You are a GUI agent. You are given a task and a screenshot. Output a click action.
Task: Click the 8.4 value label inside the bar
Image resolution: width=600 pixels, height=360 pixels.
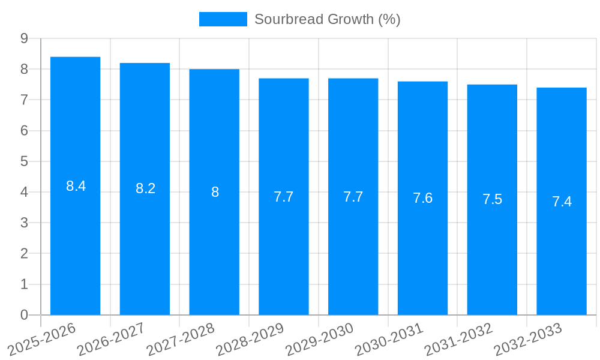coord(76,186)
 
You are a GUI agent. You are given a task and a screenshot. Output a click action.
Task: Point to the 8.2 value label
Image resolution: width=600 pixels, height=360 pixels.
coord(146,188)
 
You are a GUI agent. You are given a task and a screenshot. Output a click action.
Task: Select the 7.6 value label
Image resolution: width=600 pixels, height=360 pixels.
coord(423,198)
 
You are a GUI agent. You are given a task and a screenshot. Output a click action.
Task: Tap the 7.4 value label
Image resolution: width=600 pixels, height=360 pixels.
coord(562,202)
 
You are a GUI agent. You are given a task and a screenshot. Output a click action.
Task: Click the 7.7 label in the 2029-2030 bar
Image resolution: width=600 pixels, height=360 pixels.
coord(353,197)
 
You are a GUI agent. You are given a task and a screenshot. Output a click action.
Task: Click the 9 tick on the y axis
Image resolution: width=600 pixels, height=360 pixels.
coord(24,38)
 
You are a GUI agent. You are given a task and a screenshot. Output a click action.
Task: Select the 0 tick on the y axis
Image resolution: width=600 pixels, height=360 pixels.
coord(24,315)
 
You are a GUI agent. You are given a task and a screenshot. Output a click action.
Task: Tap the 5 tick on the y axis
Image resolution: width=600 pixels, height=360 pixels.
coord(24,161)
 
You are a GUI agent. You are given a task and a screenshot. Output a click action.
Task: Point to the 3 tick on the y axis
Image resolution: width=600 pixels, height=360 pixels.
coord(24,223)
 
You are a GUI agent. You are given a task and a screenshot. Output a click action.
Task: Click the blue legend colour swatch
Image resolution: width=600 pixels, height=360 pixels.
coord(223,19)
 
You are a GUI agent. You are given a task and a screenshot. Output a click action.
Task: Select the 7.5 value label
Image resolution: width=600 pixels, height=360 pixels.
coord(493,200)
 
